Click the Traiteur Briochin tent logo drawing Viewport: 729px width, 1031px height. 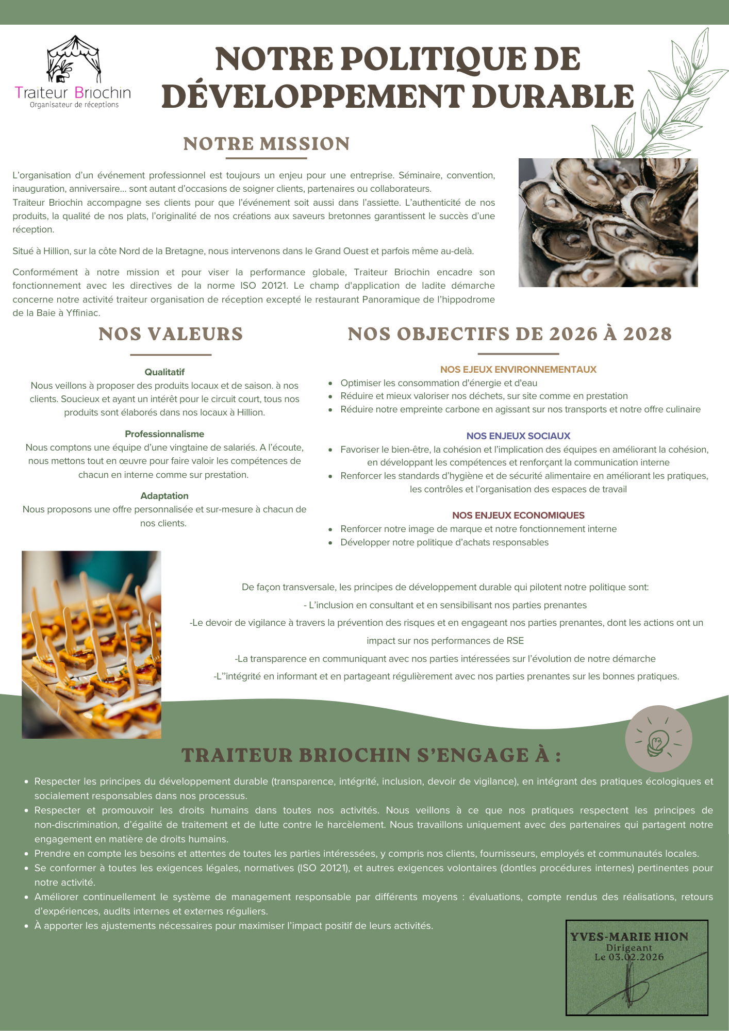tap(73, 59)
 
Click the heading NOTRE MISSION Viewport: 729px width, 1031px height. tap(267, 144)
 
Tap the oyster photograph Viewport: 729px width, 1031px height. tap(608, 222)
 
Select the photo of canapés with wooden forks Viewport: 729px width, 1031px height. tap(91, 644)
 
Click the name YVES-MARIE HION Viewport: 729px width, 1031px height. tap(629, 937)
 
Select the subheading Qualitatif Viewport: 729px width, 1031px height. tap(164, 372)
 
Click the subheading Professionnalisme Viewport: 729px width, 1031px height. tap(164, 434)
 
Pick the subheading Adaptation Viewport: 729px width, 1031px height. tap(164, 496)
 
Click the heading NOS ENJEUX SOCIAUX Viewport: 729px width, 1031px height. tap(518, 436)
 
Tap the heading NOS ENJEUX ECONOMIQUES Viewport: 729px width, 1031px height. tap(518, 515)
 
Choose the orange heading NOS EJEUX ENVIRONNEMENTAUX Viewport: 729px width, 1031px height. tap(518, 370)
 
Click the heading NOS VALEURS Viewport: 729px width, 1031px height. tap(171, 334)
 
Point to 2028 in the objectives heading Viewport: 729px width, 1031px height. tap(648, 334)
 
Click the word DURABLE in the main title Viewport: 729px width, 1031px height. tap(553, 97)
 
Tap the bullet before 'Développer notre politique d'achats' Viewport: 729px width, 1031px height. tap(330, 543)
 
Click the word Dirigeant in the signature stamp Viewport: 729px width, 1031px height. tap(629, 947)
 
